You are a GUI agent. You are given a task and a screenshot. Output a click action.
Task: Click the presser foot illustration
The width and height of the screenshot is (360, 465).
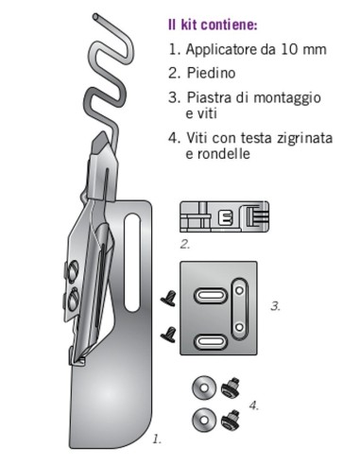point(223,215)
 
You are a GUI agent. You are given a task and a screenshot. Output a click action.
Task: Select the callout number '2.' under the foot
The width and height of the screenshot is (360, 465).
point(186,243)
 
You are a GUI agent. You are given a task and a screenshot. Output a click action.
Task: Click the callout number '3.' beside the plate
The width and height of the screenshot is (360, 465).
point(274,305)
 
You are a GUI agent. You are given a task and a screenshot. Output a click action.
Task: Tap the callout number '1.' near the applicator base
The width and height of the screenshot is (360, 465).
point(157,438)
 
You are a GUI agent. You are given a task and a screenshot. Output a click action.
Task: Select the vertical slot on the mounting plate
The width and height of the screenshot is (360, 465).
point(241,304)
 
